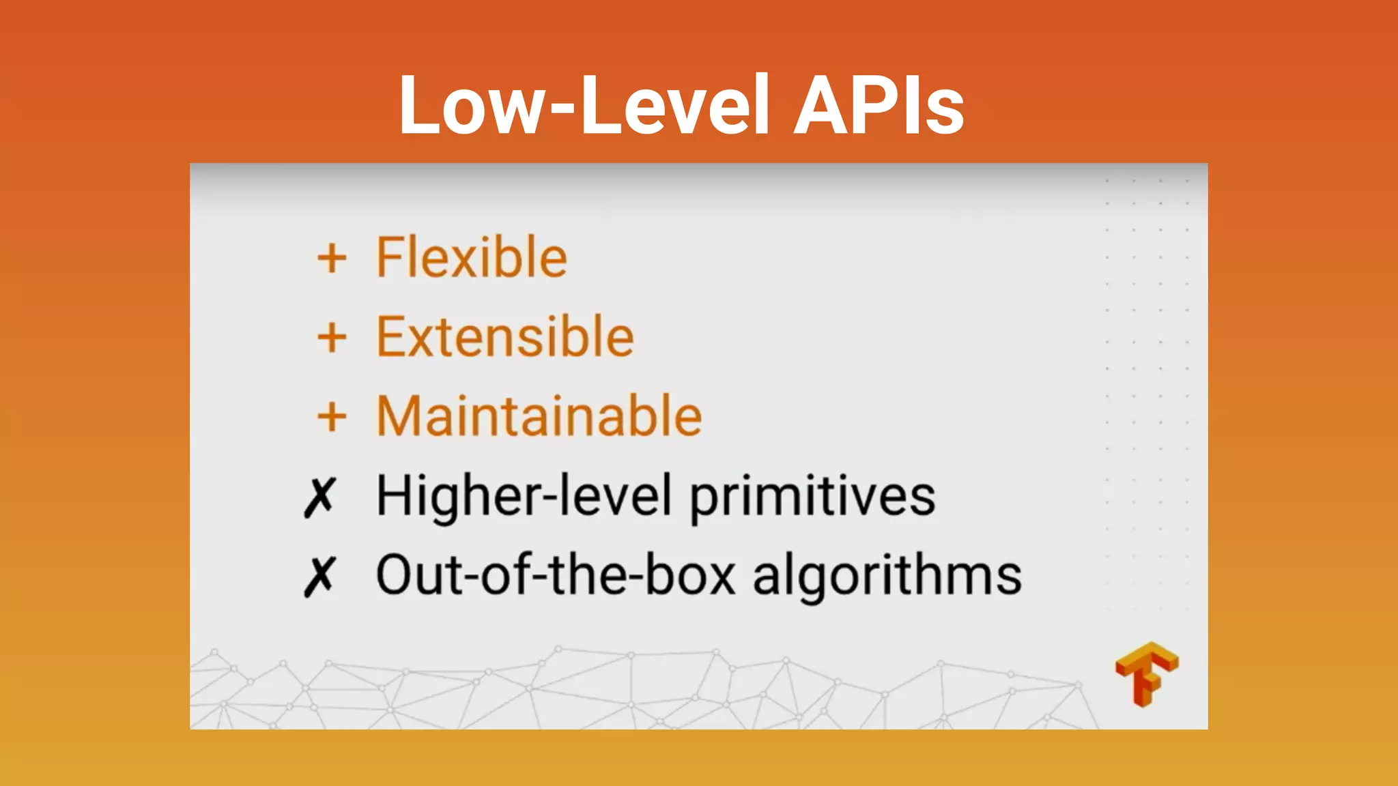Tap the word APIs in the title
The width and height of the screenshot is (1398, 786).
[x=879, y=106]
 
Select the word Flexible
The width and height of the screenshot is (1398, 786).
[x=472, y=257]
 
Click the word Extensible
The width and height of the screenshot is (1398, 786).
[x=505, y=337]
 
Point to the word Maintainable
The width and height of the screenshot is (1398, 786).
[x=539, y=416]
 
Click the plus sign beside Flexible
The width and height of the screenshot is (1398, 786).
[x=332, y=259]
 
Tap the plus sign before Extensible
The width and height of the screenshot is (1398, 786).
[x=332, y=338]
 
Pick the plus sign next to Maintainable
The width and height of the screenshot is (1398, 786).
[x=332, y=418]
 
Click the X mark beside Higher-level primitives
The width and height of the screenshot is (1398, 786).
[x=319, y=497]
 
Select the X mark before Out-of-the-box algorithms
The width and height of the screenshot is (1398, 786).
[x=319, y=577]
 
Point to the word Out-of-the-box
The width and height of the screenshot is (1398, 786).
[x=556, y=575]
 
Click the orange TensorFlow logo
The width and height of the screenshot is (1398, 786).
[x=1147, y=674]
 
